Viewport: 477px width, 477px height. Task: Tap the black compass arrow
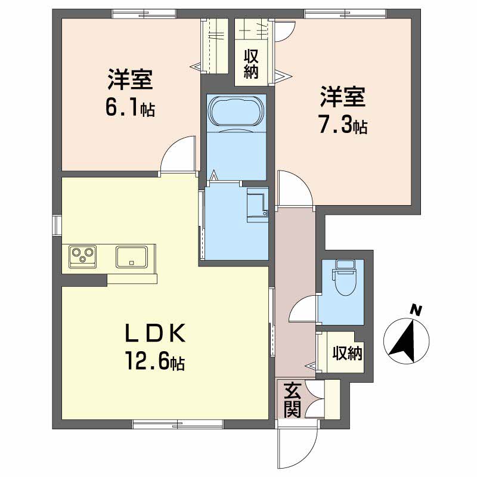coord(407,342)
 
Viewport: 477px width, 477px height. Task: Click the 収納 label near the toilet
coord(347,354)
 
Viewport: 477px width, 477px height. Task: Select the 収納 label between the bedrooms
coord(250,66)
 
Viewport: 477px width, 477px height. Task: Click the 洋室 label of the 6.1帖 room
coord(131,80)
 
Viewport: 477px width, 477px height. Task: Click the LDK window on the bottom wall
coord(178,425)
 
